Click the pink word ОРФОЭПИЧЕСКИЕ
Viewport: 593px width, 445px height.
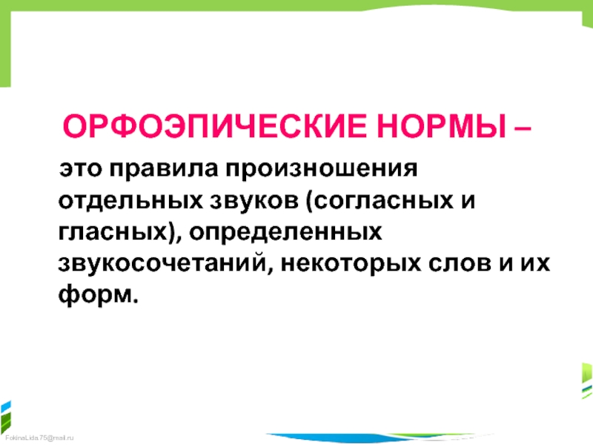[214, 126]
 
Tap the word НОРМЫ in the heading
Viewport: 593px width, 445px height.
[441, 126]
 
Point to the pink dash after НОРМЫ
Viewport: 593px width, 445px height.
[523, 128]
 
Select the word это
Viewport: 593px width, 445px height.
[80, 169]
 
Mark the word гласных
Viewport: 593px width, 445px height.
[113, 232]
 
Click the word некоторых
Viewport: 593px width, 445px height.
[351, 264]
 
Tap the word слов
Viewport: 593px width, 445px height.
[459, 263]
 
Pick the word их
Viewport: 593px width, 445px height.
[535, 263]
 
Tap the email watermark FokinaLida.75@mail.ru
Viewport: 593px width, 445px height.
[39, 438]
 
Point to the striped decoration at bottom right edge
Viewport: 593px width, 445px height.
[587, 380]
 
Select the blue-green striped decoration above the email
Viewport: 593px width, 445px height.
[6, 416]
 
